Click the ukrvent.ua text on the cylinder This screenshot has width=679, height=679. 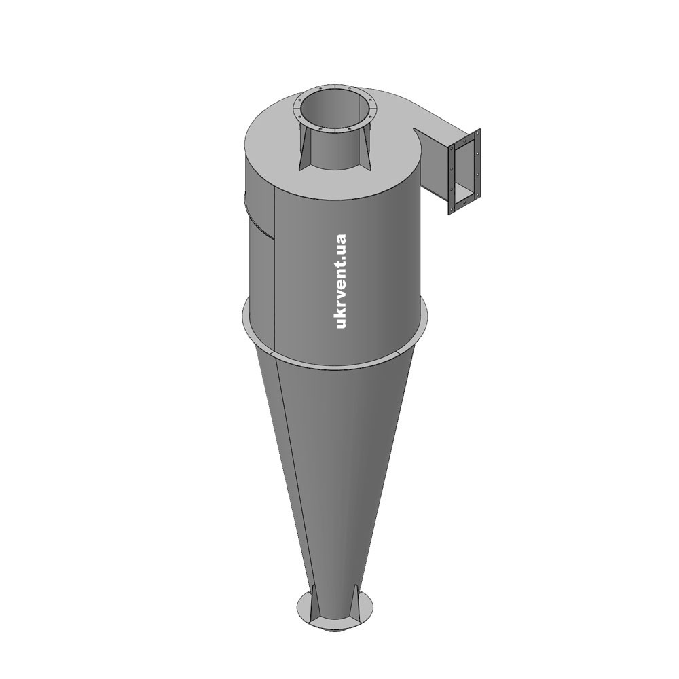click(x=341, y=281)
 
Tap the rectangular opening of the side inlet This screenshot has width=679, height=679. click(x=464, y=172)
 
